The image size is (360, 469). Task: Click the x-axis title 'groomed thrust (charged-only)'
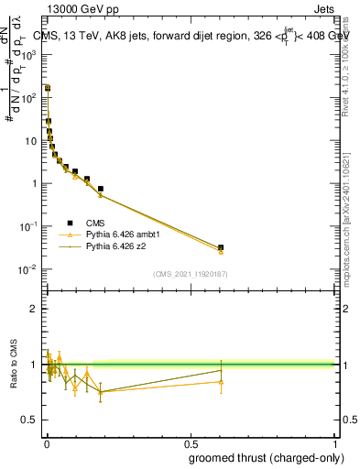(266, 458)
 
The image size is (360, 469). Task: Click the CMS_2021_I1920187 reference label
(190, 272)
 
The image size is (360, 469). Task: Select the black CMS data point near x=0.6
(221, 247)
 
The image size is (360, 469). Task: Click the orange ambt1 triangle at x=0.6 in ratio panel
(221, 381)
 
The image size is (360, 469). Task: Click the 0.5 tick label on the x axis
(190, 443)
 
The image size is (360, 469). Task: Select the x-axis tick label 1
(333, 443)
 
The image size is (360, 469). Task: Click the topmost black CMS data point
(47, 89)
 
